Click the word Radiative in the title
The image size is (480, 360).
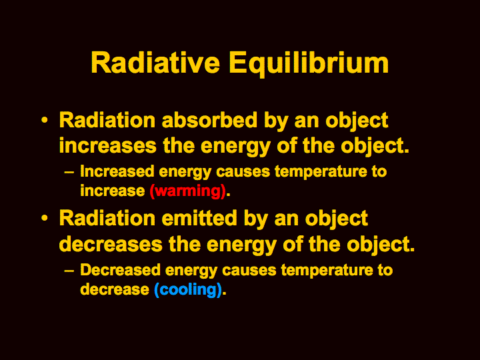click(155, 63)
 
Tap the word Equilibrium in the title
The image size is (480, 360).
click(309, 64)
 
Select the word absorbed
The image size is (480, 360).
click(210, 120)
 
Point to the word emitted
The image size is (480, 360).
click(199, 218)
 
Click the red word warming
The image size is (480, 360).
click(187, 191)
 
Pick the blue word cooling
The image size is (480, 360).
click(187, 289)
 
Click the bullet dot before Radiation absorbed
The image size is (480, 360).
click(45, 120)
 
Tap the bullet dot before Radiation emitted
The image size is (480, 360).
click(45, 218)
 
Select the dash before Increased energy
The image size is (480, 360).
click(69, 173)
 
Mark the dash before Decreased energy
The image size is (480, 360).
click(69, 271)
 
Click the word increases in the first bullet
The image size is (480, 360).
click(108, 145)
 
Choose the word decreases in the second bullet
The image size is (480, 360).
click(111, 244)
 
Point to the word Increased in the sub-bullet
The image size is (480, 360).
click(117, 171)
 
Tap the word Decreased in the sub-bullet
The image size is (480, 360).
click(120, 270)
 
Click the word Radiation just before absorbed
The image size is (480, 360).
click(107, 120)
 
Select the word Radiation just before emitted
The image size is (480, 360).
click(107, 218)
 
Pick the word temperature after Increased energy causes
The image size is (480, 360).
click(321, 172)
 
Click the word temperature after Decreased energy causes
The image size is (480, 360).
click(327, 271)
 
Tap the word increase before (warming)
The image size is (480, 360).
click(113, 191)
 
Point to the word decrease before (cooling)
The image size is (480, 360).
click(115, 289)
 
